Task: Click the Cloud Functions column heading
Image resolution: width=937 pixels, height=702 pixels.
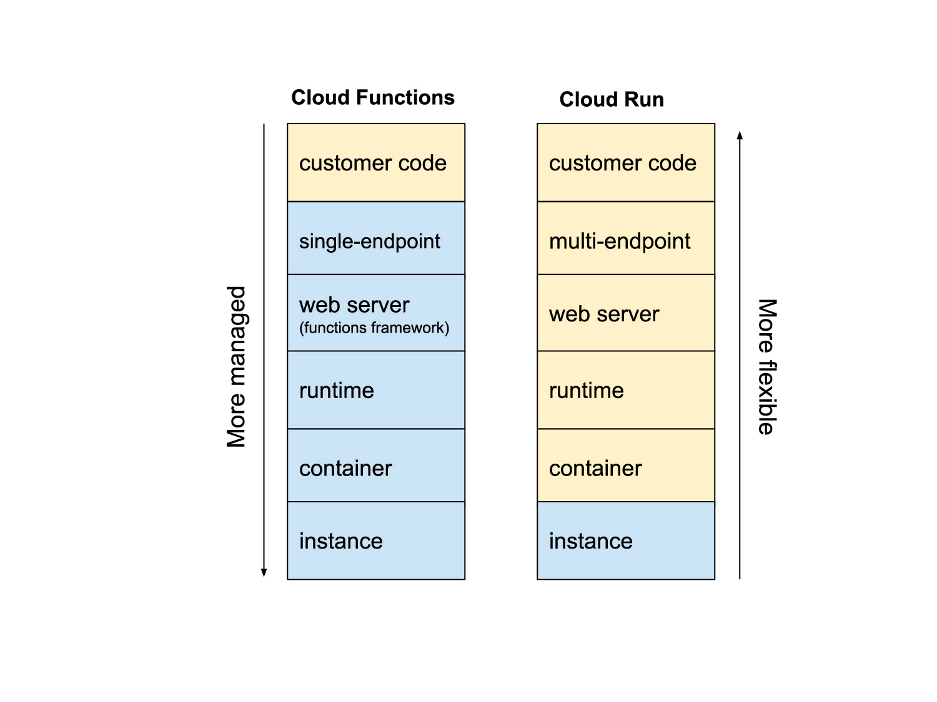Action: click(x=373, y=98)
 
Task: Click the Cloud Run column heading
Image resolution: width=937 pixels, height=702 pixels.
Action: click(x=612, y=100)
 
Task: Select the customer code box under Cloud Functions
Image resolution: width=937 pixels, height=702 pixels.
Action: click(x=376, y=163)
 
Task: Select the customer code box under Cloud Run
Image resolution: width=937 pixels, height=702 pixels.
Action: click(x=626, y=163)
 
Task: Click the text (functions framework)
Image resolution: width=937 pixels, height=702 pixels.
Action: click(x=374, y=328)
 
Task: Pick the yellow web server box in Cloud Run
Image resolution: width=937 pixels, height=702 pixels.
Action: click(x=626, y=313)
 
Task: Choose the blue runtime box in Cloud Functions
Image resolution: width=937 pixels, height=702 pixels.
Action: click(x=376, y=391)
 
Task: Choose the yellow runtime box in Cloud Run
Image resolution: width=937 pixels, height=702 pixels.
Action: click(x=626, y=391)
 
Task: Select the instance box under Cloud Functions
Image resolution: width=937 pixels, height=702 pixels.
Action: click(x=376, y=541)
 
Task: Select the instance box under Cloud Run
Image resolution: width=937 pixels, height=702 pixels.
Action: click(x=626, y=541)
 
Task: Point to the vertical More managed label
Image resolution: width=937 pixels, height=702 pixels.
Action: click(x=236, y=367)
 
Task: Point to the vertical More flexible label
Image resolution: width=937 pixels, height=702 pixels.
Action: click(x=767, y=367)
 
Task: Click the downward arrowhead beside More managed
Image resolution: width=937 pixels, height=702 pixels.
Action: click(x=264, y=572)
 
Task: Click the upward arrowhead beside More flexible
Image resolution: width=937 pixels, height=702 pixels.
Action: click(x=740, y=135)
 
